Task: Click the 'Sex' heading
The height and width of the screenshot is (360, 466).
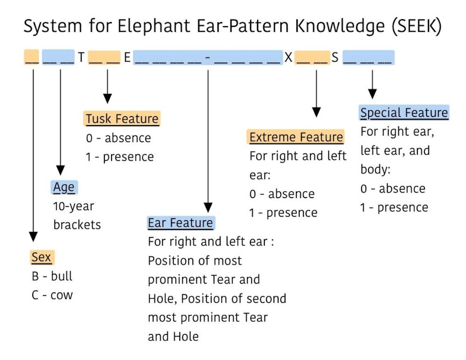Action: (x=41, y=257)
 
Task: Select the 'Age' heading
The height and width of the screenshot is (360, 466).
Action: (x=64, y=187)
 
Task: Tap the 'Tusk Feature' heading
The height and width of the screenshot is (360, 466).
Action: (x=122, y=119)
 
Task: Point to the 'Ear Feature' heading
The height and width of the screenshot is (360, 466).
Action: (x=181, y=223)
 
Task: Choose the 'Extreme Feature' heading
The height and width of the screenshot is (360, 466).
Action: (x=296, y=137)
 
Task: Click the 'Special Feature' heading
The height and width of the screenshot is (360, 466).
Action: (x=404, y=113)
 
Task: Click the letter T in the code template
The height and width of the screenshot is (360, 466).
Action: (x=81, y=58)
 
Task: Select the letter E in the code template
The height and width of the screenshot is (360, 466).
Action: (x=127, y=58)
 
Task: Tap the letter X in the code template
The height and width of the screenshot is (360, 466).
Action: (x=288, y=58)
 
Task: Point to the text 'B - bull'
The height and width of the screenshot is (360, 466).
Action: (x=52, y=276)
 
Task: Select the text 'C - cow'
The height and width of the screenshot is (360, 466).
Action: (x=52, y=295)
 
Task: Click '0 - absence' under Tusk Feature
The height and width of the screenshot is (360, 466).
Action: (x=118, y=138)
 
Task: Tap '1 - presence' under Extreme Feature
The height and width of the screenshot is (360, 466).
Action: (x=283, y=212)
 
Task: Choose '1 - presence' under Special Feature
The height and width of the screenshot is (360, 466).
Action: (x=394, y=207)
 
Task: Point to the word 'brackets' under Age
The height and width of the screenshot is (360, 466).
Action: (x=77, y=224)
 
